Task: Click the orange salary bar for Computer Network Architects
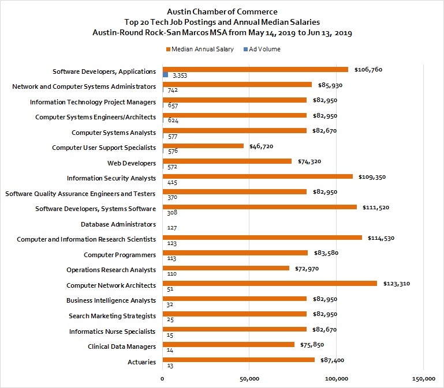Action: click(270, 284)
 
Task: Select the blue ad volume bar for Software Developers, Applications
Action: click(165, 75)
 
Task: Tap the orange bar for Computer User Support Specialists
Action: click(203, 146)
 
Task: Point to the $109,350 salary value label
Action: click(372, 178)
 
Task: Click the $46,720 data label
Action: click(261, 146)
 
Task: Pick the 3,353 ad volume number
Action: click(180, 76)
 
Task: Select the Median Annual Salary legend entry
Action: click(200, 49)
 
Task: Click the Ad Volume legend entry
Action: click(262, 49)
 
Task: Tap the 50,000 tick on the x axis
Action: click(249, 379)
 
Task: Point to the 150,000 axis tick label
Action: click(424, 379)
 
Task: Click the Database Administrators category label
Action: click(118, 224)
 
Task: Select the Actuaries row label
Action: click(141, 362)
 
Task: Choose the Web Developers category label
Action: click(132, 163)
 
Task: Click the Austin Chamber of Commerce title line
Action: click(222, 12)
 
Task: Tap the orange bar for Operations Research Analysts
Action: click(226, 268)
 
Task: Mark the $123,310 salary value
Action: click(397, 284)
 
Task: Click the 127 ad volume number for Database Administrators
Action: click(172, 228)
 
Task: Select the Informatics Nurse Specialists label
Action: click(113, 332)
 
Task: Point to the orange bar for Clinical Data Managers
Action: click(229, 344)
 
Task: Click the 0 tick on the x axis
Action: click(162, 379)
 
